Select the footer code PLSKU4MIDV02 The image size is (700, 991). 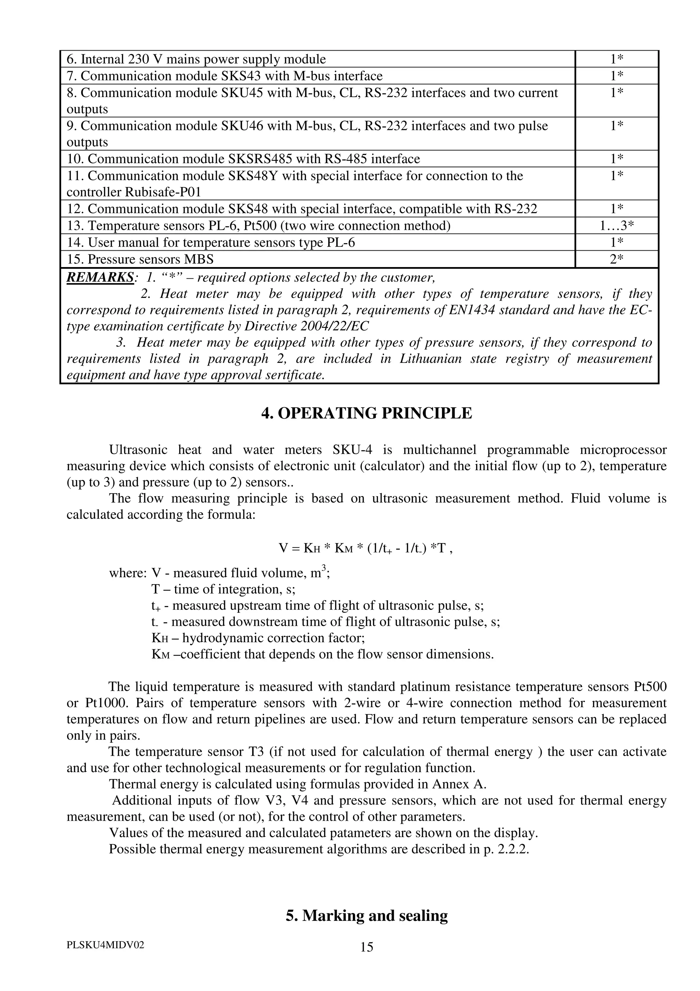(x=105, y=945)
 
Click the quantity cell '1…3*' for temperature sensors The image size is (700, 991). (x=616, y=225)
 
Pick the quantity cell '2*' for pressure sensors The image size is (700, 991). (x=616, y=259)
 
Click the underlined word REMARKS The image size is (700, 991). (x=100, y=277)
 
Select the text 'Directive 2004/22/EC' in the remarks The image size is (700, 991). (x=306, y=326)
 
